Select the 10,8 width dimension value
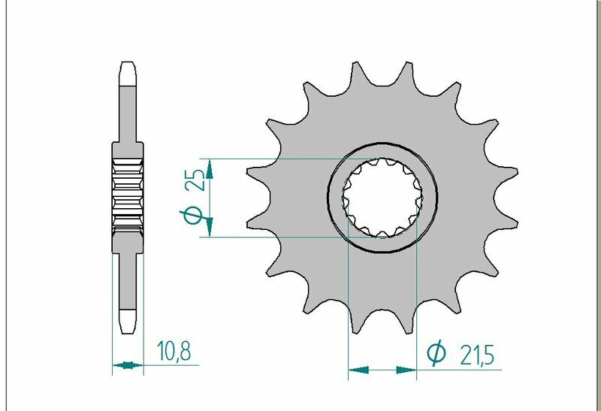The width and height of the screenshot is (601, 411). point(174,350)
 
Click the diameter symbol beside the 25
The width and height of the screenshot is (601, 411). point(192,216)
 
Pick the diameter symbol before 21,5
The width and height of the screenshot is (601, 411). point(436,354)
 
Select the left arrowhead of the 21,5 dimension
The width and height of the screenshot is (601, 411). point(359,370)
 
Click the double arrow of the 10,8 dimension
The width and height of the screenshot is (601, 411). point(127,366)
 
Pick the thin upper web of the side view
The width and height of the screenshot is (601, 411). point(127,113)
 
